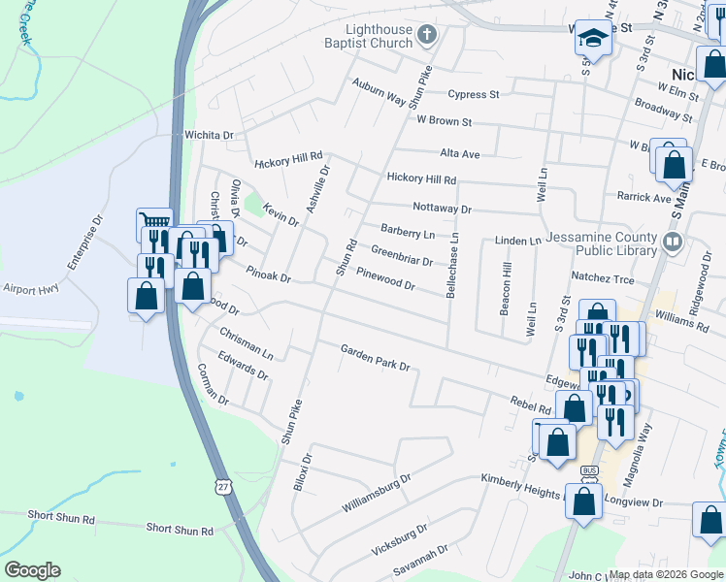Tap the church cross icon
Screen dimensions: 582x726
click(x=426, y=36)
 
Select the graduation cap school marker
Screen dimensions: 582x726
click(x=590, y=38)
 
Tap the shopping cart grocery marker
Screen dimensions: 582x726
click(x=153, y=223)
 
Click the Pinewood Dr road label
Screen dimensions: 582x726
click(x=385, y=279)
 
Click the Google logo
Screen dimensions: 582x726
click(x=32, y=570)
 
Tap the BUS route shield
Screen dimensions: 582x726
click(x=588, y=470)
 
